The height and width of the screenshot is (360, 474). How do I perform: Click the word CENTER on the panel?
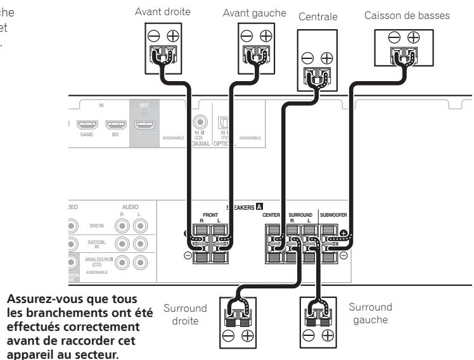(x=271, y=215)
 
